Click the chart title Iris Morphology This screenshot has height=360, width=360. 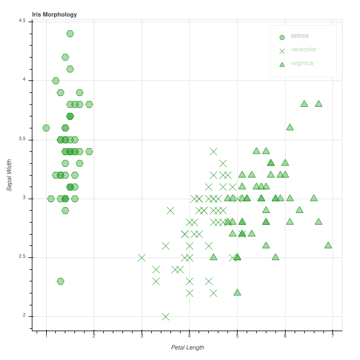(x=55, y=14)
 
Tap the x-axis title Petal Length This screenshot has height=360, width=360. (x=187, y=347)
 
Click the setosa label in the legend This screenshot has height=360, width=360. (x=300, y=36)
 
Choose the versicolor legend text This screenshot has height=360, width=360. (x=304, y=50)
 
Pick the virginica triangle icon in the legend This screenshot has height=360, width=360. (x=282, y=64)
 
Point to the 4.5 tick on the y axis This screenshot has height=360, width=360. (x=22, y=21)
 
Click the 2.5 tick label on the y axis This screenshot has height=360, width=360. (x=22, y=257)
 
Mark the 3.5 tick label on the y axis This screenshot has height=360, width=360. (x=22, y=139)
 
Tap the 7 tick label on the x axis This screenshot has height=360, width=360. (x=332, y=336)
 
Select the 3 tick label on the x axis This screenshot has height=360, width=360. (x=142, y=336)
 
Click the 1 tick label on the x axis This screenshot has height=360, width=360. (x=46, y=336)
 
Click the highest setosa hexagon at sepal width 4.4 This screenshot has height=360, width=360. (x=70, y=34)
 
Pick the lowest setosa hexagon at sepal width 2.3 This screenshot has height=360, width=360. (x=61, y=281)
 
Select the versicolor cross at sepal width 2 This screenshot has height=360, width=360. (x=166, y=316)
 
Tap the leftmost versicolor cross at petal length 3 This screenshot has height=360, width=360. (x=142, y=257)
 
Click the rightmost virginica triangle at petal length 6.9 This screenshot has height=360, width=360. (x=328, y=245)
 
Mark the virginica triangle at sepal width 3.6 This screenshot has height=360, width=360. (x=290, y=127)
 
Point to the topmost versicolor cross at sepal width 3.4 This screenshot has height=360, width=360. (x=213, y=151)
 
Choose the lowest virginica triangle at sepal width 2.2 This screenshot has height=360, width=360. (x=237, y=292)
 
